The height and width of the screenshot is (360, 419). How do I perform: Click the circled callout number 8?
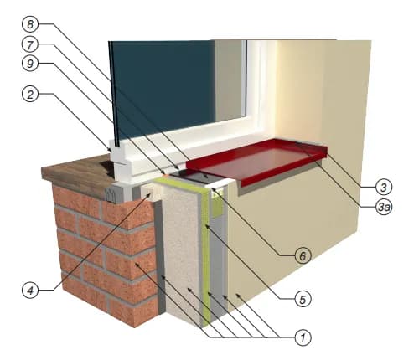coord(30,24)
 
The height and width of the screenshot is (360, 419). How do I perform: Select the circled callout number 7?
coord(30,44)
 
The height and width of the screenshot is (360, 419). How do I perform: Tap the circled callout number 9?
coord(30,64)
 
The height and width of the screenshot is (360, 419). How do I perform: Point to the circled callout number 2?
coord(30,94)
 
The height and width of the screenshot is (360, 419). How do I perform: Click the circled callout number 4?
coord(30,291)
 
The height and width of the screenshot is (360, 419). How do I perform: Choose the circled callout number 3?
coord(384,187)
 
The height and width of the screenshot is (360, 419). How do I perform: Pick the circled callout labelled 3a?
coord(384,207)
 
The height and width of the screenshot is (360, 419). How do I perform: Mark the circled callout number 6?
coord(303,255)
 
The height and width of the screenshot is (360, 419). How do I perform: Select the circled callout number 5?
coord(303,299)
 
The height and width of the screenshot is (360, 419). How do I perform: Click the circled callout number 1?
coord(303,338)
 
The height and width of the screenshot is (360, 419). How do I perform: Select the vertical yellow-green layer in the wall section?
coord(205,251)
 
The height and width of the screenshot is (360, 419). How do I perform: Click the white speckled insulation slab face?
coord(182,251)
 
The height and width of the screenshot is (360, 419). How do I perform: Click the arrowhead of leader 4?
coord(148,194)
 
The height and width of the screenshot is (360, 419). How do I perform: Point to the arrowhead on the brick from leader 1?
coord(137,265)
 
